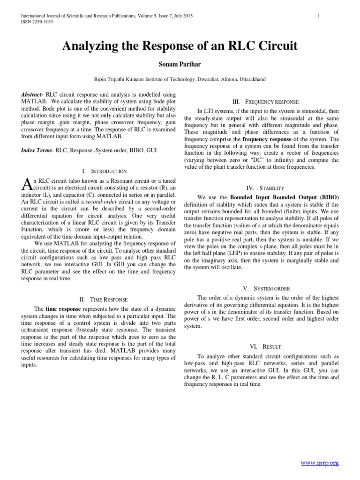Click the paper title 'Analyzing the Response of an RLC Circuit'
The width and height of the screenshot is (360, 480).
[180, 46]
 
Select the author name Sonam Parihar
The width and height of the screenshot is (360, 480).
[180, 64]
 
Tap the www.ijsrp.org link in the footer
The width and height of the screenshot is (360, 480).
[319, 450]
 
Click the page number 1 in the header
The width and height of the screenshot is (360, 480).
[319, 16]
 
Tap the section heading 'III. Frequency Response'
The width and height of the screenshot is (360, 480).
[265, 102]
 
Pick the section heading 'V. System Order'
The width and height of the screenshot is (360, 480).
[266, 288]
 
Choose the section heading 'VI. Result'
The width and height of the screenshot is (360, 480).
[266, 346]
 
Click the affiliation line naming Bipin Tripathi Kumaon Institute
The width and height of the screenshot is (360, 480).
[180, 80]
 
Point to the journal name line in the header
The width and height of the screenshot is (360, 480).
[107, 16]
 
